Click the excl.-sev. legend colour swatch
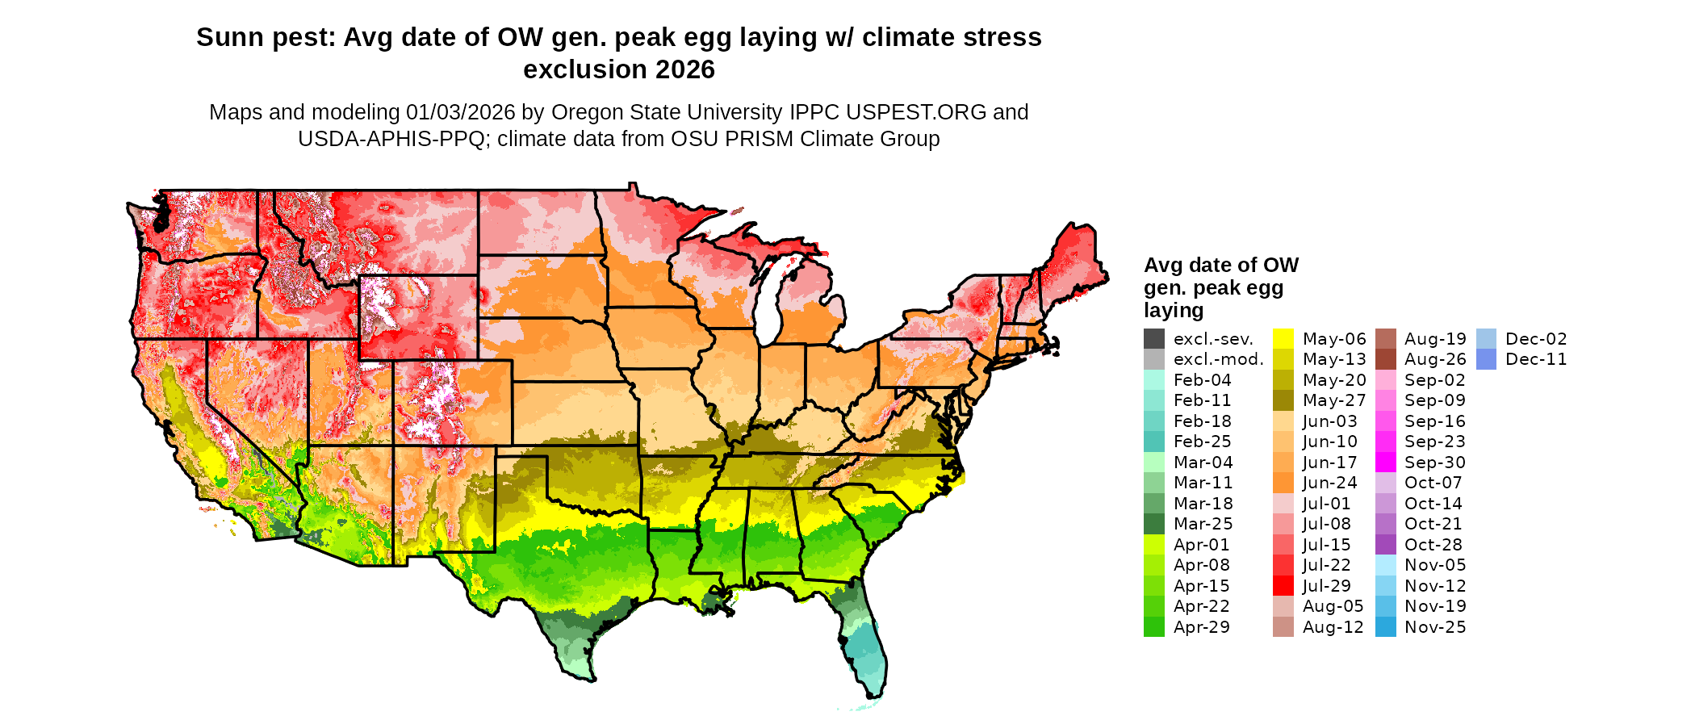(x=1154, y=339)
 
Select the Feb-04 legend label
(x=1202, y=380)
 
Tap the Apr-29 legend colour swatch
(x=1154, y=627)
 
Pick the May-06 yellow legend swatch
(x=1283, y=339)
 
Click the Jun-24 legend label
(x=1329, y=483)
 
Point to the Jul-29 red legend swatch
(x=1283, y=586)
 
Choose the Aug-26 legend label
(x=1434, y=359)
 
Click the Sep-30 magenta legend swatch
(x=1386, y=463)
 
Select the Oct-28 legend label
(x=1433, y=545)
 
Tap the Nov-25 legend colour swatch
(x=1386, y=627)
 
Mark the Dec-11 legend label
(x=1536, y=359)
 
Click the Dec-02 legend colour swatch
(x=1486, y=339)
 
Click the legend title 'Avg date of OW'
(x=1220, y=266)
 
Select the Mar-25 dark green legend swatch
(x=1154, y=524)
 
